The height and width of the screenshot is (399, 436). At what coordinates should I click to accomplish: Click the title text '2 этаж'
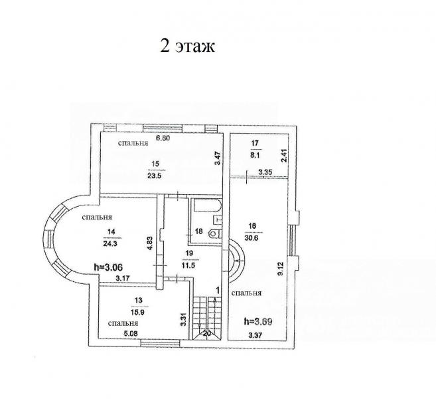point(187,46)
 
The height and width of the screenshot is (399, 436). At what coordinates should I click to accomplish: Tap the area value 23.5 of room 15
point(156,176)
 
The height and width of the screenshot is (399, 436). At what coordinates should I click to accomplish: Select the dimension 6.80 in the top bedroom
point(163,138)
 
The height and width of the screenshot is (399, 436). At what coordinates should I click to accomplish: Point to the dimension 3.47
point(218,158)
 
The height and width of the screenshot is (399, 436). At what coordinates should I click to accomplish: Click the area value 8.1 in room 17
point(255,156)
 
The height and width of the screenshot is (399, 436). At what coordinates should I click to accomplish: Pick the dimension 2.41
point(283,156)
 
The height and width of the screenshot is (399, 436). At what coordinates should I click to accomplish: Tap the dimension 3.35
point(265,172)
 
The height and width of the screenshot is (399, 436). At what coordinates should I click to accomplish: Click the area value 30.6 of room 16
point(252,238)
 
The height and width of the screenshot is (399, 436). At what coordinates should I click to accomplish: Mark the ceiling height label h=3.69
point(258,321)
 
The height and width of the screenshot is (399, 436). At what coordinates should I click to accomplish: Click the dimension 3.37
point(255,335)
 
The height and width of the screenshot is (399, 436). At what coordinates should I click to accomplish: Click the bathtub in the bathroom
point(208,205)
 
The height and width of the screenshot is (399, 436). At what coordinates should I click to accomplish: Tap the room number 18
point(198,231)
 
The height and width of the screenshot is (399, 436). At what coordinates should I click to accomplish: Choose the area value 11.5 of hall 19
point(188,265)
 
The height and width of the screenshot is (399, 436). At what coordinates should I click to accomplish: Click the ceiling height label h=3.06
point(108,267)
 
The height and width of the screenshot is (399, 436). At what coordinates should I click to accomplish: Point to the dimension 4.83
point(149,243)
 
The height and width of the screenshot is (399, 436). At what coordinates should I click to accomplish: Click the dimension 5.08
point(131,333)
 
